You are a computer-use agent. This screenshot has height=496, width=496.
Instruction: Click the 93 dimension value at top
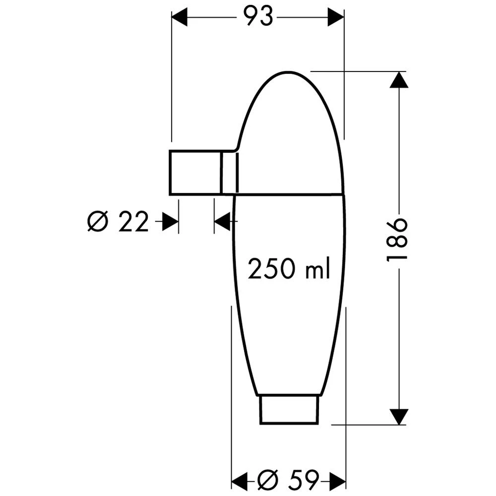258,16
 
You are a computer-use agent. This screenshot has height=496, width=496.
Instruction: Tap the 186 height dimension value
397,239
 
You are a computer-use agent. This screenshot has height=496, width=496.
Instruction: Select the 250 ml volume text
289,268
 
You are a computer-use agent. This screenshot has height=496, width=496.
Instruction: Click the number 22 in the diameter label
133,221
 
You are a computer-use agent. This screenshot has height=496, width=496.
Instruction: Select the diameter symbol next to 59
268,480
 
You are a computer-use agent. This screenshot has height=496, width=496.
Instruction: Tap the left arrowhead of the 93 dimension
180,17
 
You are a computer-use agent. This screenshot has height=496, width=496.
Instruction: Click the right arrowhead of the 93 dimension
336,17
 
